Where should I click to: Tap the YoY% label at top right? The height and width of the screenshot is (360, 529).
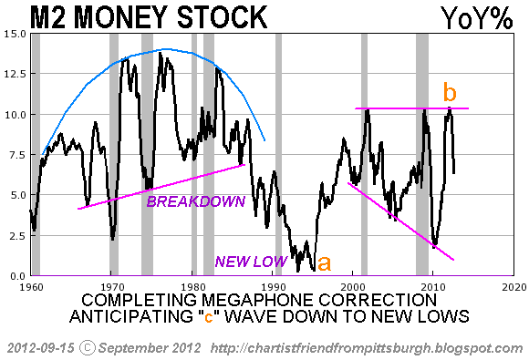tap(477, 18)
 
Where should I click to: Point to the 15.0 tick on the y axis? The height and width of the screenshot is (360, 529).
tap(16, 34)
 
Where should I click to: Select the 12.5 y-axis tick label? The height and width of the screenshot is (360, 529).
tap(16, 74)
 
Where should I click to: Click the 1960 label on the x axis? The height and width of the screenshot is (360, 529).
tap(31, 287)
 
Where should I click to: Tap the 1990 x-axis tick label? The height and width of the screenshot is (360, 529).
tap(273, 287)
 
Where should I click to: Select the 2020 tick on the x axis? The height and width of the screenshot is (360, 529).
tap(514, 287)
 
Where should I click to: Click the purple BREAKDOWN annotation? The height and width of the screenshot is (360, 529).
tap(196, 201)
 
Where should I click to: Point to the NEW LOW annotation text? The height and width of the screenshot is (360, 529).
tap(251, 262)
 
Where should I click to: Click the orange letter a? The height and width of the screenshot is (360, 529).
tap(324, 262)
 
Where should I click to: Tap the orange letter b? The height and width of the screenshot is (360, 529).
tap(450, 92)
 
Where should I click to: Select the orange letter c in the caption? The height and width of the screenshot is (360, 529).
tap(209, 317)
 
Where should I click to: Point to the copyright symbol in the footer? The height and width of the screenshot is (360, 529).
tap(88, 348)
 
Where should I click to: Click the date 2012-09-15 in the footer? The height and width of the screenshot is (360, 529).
tap(40, 348)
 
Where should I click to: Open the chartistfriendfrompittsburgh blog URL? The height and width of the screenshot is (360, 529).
tap(367, 348)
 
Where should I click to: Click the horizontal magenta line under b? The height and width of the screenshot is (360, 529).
tap(411, 108)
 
